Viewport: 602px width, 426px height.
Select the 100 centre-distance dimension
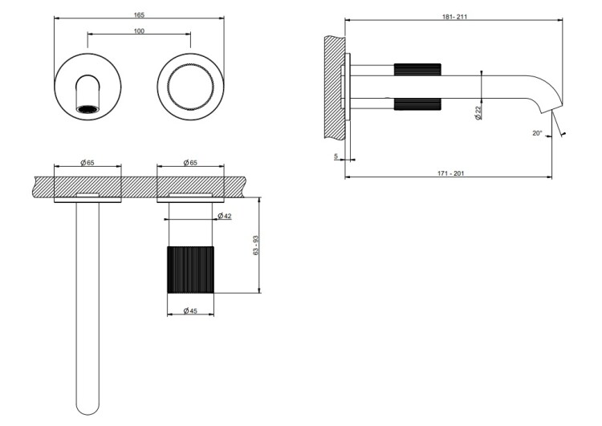[139, 30]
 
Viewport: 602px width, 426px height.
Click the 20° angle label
[537, 133]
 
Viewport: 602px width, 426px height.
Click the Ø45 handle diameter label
[191, 310]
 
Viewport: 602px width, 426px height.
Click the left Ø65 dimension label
[87, 163]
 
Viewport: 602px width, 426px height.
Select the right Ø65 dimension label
[190, 163]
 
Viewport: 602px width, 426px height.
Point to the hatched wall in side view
[336, 80]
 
